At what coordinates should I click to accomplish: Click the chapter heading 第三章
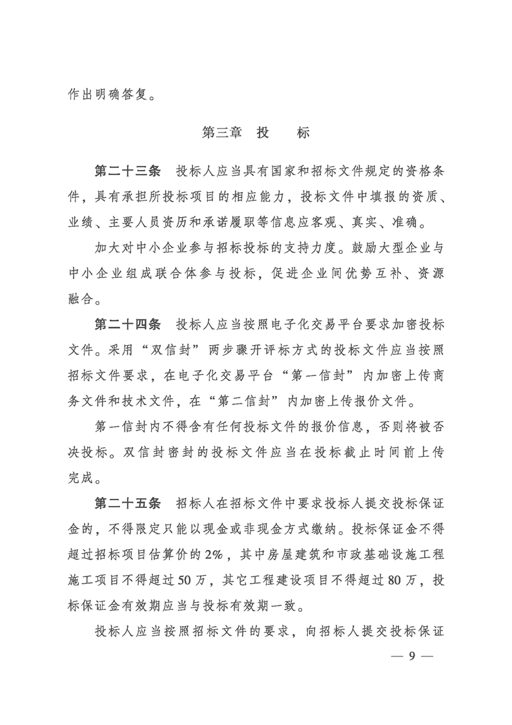coord(221,133)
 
